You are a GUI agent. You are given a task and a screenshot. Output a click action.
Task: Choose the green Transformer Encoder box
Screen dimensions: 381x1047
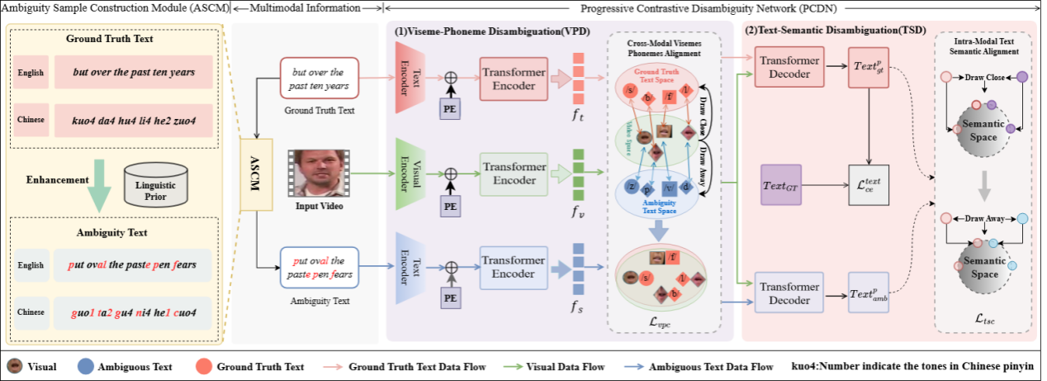point(514,173)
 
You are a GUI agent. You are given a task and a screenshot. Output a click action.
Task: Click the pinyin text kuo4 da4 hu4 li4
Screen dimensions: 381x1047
point(133,120)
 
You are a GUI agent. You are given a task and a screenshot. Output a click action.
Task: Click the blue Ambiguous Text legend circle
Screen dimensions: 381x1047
point(84,366)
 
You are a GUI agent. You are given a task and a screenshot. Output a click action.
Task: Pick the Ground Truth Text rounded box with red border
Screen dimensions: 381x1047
point(319,79)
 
